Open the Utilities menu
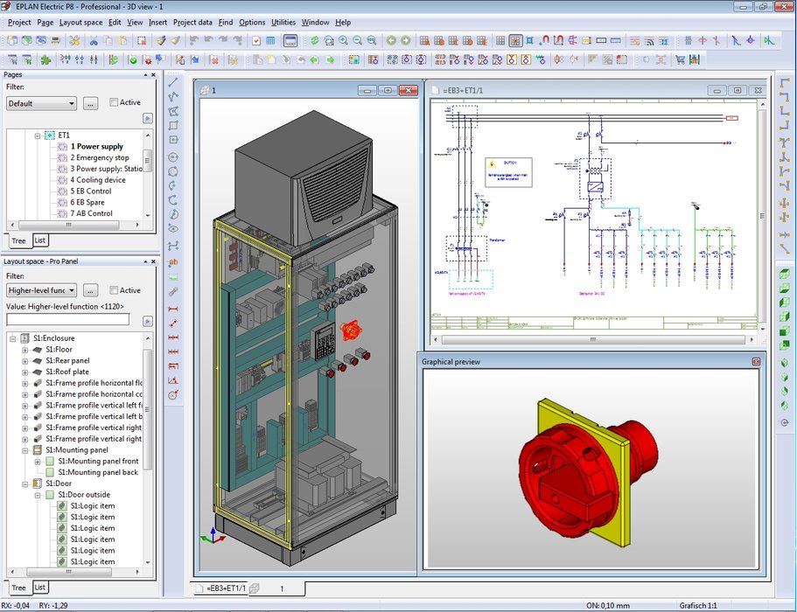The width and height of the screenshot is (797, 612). click(x=283, y=22)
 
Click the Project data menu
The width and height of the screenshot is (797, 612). click(x=192, y=22)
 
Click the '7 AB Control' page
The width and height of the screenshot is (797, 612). click(x=92, y=213)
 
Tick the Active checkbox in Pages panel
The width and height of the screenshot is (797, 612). click(x=115, y=102)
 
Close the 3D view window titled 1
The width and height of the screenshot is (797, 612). click(x=409, y=90)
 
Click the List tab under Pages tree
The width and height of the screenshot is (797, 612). click(x=40, y=240)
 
